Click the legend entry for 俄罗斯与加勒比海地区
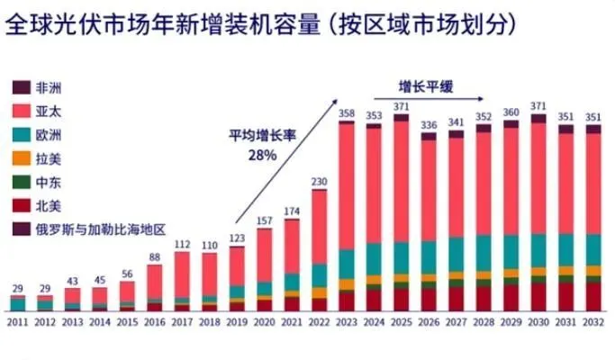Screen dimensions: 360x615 pyautogui.click(x=99, y=229)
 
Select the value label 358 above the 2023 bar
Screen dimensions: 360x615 pyautogui.click(x=346, y=112)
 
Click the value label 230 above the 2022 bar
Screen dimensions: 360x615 pyautogui.click(x=319, y=181)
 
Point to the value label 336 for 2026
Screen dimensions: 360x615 pyautogui.click(x=429, y=125)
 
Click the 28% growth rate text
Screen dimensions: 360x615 pyautogui.click(x=262, y=154)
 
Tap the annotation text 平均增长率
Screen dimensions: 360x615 pyautogui.click(x=261, y=136)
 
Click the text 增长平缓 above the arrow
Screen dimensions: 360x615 pyautogui.click(x=426, y=86)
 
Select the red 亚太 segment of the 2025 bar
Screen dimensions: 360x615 pyautogui.click(x=401, y=180)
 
